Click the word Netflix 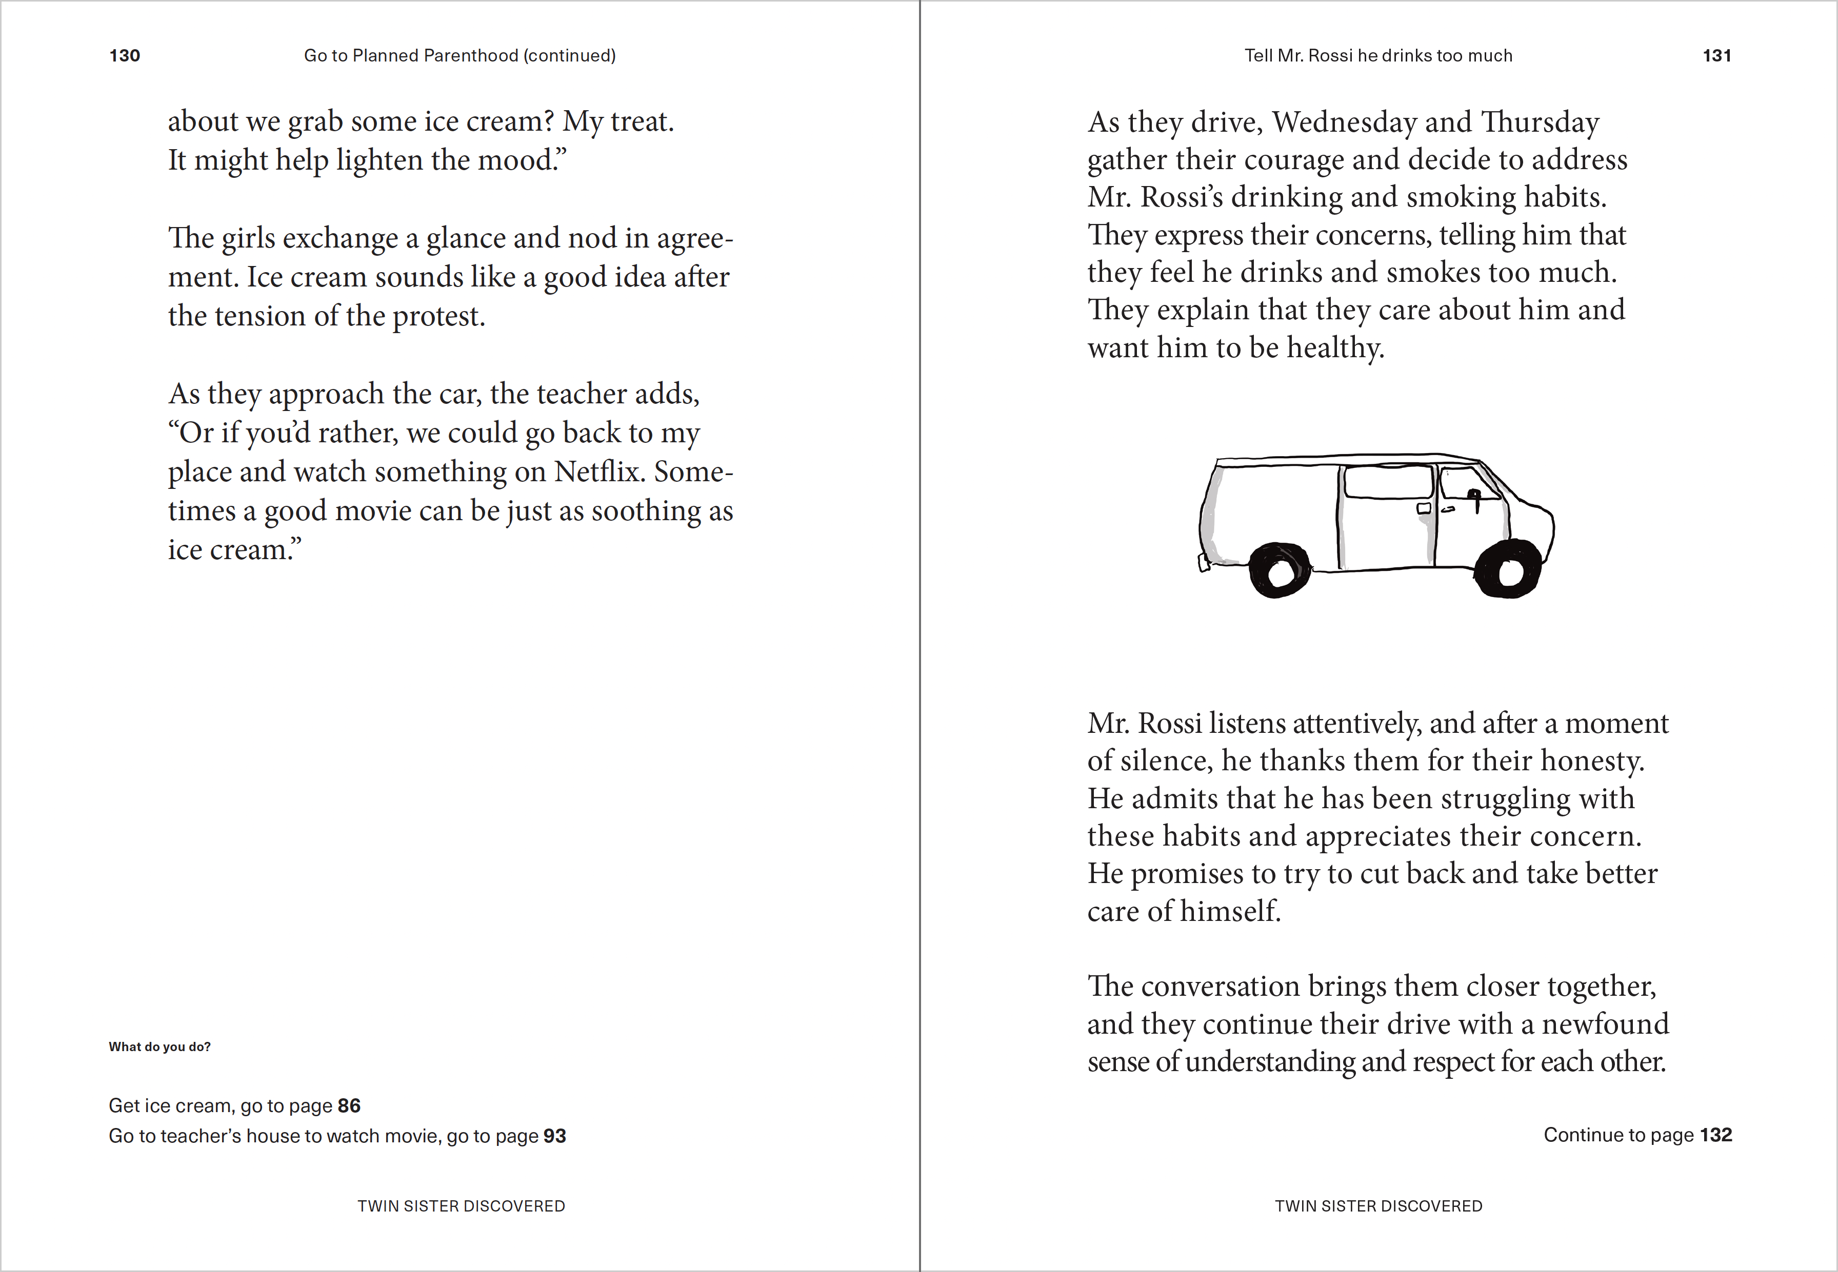tap(598, 472)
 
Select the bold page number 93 tap(554, 1136)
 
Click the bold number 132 tap(1716, 1135)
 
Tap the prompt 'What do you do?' tap(159, 1047)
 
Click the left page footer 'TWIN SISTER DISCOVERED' tap(461, 1206)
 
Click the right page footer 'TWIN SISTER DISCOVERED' tap(1378, 1206)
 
